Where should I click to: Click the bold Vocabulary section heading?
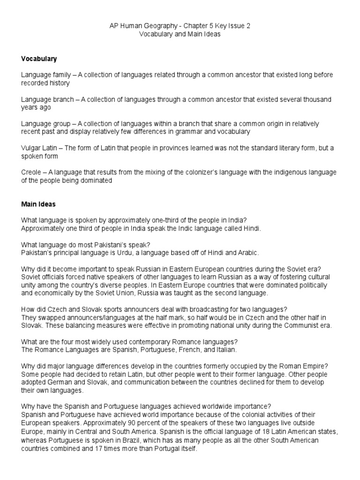click(39, 59)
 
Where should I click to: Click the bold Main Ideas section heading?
click(39, 204)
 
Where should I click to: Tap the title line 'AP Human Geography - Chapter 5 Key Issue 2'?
click(180, 26)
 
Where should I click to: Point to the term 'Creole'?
click(31, 172)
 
